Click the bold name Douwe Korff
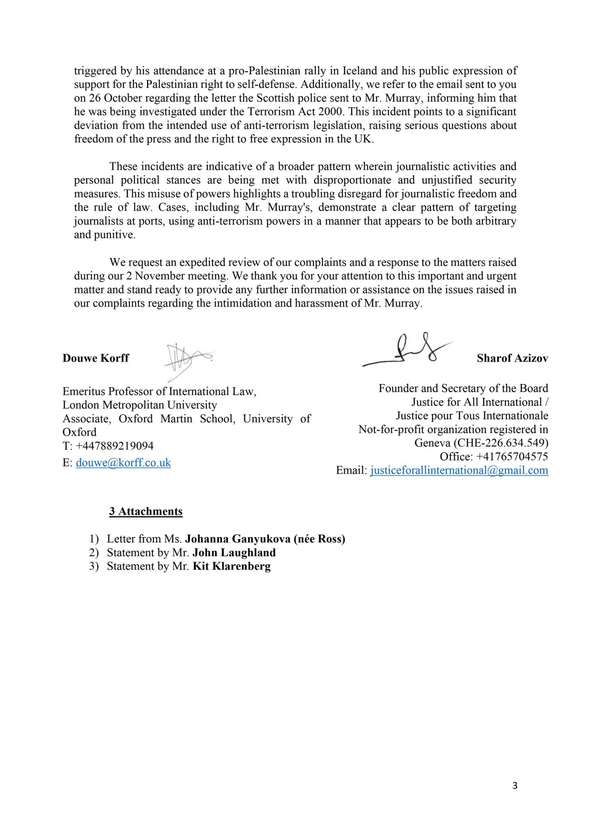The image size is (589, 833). [96, 358]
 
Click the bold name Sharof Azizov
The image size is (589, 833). [512, 358]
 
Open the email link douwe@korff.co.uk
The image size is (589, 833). [123, 462]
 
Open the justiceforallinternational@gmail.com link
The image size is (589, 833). [459, 470]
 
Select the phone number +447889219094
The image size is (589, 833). [115, 446]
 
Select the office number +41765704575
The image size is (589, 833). [512, 456]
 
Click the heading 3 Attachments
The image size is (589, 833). [146, 511]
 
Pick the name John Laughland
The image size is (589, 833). [234, 552]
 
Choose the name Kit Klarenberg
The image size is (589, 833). [231, 566]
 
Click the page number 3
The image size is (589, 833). [515, 785]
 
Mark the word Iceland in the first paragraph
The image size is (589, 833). [360, 71]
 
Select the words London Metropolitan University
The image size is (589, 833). [140, 405]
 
